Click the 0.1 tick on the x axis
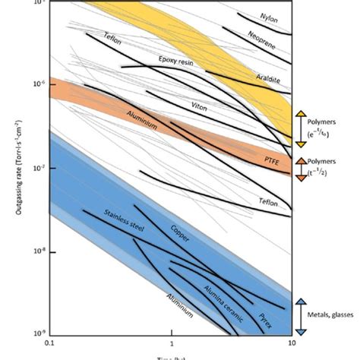coord(49,344)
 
